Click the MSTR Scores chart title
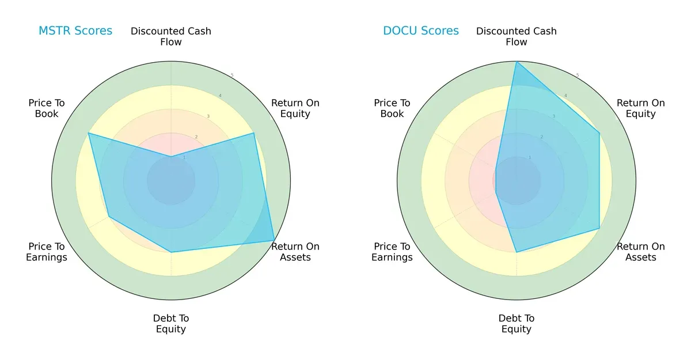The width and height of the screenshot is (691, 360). pyautogui.click(x=75, y=31)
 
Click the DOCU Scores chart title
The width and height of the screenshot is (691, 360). pyautogui.click(x=421, y=31)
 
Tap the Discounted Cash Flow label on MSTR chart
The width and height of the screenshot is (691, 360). pyautogui.click(x=171, y=36)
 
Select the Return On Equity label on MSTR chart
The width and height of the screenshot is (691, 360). pyautogui.click(x=295, y=108)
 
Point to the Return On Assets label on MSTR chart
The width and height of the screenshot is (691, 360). pyautogui.click(x=295, y=252)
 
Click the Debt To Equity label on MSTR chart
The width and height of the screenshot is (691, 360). pyautogui.click(x=171, y=324)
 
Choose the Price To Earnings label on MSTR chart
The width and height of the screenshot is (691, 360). pyautogui.click(x=47, y=252)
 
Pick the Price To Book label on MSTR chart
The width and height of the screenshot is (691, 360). pyautogui.click(x=47, y=108)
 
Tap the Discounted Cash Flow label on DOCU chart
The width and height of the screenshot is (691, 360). pyautogui.click(x=517, y=36)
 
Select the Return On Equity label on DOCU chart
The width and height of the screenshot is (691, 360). pyautogui.click(x=641, y=108)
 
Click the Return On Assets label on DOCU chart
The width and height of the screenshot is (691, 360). pyautogui.click(x=641, y=252)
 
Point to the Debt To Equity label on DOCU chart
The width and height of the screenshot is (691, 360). pyautogui.click(x=517, y=324)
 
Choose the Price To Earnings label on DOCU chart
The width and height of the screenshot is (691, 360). pyautogui.click(x=392, y=252)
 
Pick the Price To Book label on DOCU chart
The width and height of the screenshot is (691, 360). pyautogui.click(x=392, y=108)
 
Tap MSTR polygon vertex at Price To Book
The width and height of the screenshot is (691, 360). pyautogui.click(x=88, y=133)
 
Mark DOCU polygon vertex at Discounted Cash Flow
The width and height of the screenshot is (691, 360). pyautogui.click(x=517, y=62)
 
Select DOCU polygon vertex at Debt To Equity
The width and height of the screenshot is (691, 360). pyautogui.click(x=517, y=252)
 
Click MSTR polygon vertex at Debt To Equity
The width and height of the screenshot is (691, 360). pyautogui.click(x=171, y=252)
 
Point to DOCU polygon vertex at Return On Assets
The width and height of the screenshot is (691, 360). pyautogui.click(x=599, y=229)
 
